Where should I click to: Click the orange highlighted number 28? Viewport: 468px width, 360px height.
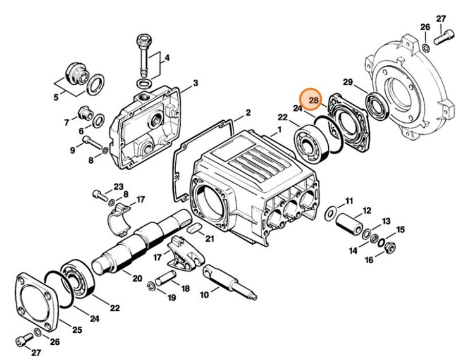point(314,99)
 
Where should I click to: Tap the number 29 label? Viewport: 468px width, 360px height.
point(348,82)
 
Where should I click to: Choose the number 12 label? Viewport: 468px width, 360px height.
point(366,211)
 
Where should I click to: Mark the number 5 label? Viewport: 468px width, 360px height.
point(56,97)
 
